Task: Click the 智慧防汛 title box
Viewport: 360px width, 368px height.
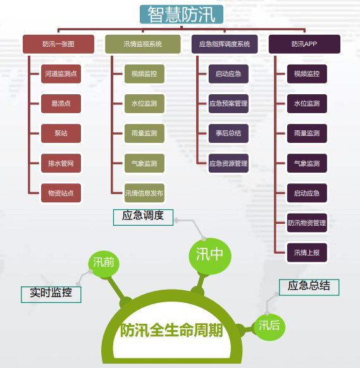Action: (182, 15)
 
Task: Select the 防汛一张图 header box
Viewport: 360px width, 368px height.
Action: (58, 44)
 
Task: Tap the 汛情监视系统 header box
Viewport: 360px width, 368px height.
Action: (143, 44)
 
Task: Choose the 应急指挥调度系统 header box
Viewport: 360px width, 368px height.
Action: (225, 44)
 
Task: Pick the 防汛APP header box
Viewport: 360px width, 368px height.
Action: (304, 44)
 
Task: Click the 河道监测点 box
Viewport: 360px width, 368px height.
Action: (61, 74)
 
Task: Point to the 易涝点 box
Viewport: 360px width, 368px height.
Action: (61, 104)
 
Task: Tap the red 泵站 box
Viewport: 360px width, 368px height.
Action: (61, 133)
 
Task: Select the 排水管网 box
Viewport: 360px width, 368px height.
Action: (61, 163)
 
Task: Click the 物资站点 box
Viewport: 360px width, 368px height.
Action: (61, 193)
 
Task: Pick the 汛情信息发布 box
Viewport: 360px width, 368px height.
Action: (144, 193)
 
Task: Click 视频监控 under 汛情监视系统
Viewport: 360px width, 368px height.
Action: (144, 74)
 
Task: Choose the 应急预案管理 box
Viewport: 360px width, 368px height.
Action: (228, 104)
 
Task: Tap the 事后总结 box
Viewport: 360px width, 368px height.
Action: (228, 133)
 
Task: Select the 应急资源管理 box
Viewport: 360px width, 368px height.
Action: (228, 163)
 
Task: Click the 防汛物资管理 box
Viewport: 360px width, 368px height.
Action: (307, 223)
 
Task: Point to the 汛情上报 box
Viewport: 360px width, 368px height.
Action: (307, 253)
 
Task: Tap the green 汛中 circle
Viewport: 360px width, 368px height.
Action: (210, 255)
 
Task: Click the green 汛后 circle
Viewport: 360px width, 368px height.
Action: (269, 327)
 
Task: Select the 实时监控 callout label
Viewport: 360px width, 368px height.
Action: (51, 294)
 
